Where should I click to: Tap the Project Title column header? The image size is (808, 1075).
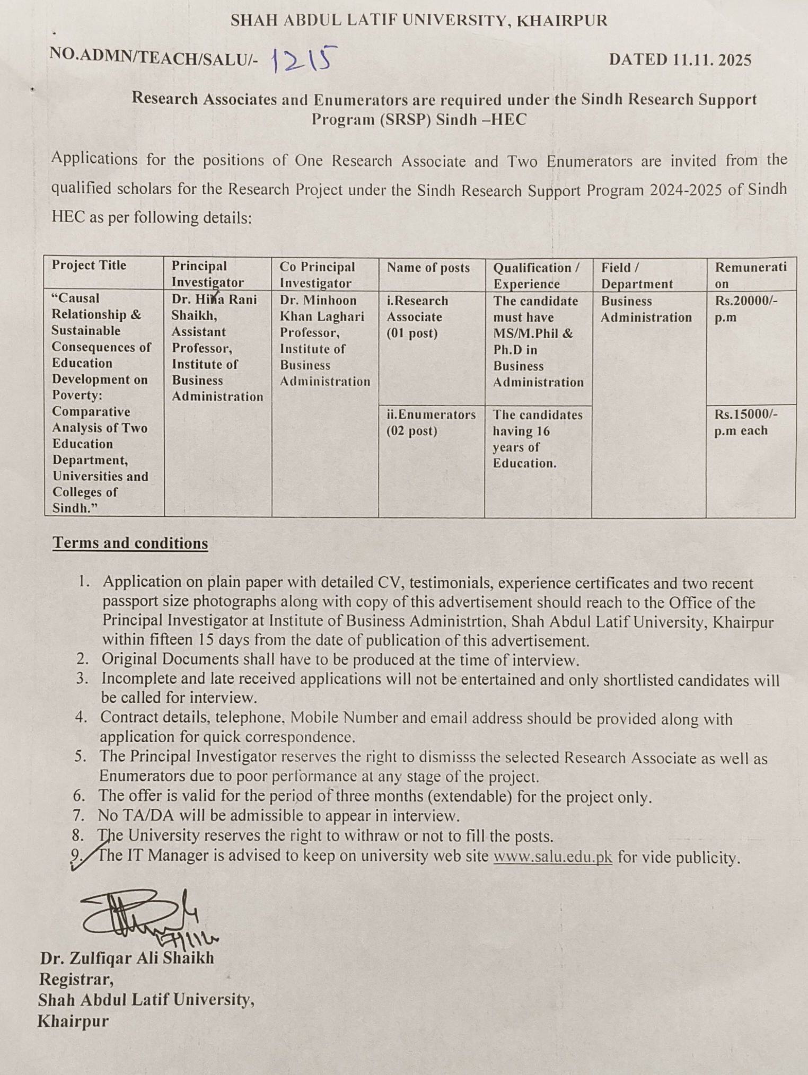pyautogui.click(x=89, y=266)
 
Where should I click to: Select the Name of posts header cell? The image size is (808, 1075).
pyautogui.click(x=428, y=268)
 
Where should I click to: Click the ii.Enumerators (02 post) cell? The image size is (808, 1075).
pyautogui.click(x=431, y=422)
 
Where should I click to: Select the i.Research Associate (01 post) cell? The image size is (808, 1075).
pyautogui.click(x=417, y=317)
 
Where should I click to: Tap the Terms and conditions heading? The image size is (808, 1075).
pyautogui.click(x=130, y=543)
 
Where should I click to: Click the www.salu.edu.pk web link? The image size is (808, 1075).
pyautogui.click(x=552, y=857)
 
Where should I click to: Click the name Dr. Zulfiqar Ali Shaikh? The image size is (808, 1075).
pyautogui.click(x=127, y=958)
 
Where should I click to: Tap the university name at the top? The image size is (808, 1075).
pyautogui.click(x=418, y=21)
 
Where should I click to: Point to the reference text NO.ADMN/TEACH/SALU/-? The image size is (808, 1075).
pyautogui.click(x=154, y=57)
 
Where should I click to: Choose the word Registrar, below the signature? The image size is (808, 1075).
pyautogui.click(x=76, y=979)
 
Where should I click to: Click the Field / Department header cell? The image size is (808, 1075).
pyautogui.click(x=637, y=276)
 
